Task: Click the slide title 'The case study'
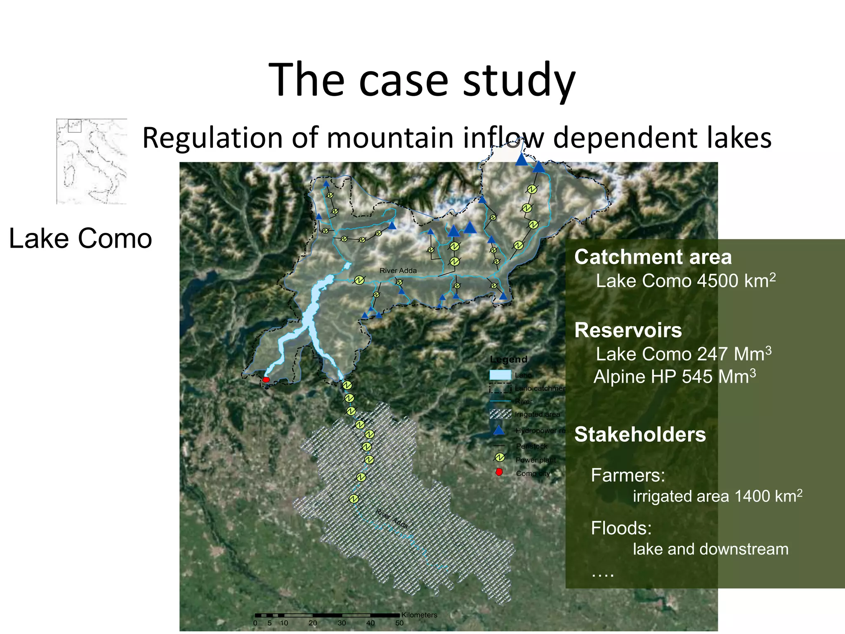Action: [422, 80]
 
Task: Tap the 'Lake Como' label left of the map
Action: [80, 239]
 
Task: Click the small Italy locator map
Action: [92, 161]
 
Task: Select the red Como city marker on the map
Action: [266, 379]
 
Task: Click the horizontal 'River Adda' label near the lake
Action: [398, 271]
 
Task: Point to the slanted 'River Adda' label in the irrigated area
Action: [392, 519]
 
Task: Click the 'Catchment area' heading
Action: [653, 257]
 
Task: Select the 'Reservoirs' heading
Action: [628, 330]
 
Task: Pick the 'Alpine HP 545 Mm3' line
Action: [675, 376]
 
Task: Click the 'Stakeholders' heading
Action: [640, 434]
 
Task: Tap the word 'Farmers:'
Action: [628, 475]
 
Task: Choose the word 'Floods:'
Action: [621, 528]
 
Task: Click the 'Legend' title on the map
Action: [508, 360]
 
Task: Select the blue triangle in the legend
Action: [499, 431]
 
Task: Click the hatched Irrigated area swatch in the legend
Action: [500, 414]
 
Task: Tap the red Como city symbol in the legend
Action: [499, 472]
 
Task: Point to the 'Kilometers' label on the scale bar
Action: [419, 615]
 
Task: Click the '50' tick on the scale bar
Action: [399, 623]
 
